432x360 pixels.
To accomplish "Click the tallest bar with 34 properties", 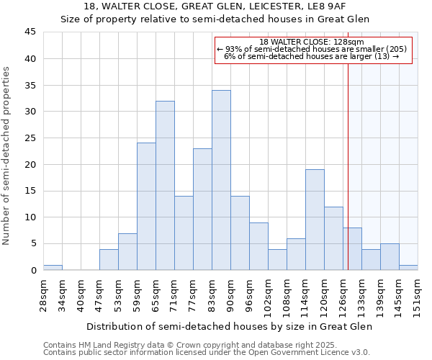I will (221, 180).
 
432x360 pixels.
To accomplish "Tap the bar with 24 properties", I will (146, 206).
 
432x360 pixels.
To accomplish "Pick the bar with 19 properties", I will (315, 220).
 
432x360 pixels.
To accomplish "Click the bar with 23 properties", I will (202, 209).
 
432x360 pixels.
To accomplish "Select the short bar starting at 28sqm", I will (53, 267).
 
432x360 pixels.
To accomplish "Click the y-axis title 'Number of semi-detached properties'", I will (6, 156).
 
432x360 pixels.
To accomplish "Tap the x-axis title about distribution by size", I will (228, 327).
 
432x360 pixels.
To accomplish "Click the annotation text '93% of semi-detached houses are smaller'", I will (312, 49).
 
